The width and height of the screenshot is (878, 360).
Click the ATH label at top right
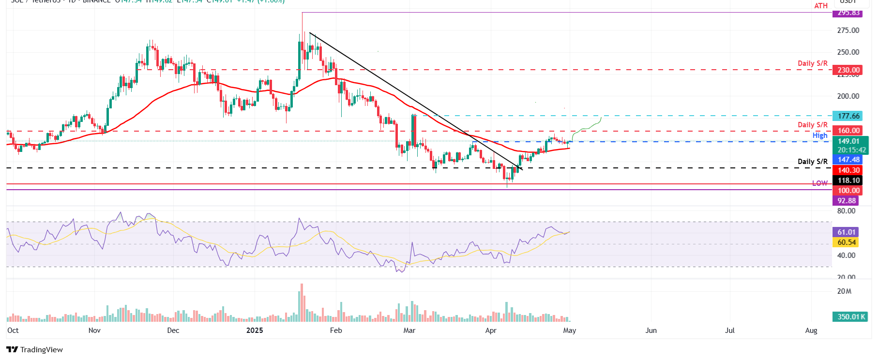point(821,6)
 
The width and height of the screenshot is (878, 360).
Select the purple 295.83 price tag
point(849,13)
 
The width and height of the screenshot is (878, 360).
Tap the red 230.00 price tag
point(849,70)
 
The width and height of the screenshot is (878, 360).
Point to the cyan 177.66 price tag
point(849,116)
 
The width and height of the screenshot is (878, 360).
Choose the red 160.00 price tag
point(849,131)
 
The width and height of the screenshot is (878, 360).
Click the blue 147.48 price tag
point(849,160)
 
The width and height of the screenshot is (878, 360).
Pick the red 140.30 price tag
point(849,170)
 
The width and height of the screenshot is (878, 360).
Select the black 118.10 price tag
point(849,180)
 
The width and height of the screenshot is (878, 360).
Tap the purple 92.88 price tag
point(847,201)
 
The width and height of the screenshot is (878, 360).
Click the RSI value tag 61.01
point(847,232)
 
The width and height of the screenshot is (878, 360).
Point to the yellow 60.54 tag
point(847,242)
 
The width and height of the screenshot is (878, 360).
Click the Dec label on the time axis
point(173,330)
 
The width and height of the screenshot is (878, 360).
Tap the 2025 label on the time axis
point(255,330)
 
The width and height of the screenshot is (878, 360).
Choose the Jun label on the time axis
point(651,330)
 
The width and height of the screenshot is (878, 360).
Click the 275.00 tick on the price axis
point(848,30)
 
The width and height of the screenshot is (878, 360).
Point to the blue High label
point(820,135)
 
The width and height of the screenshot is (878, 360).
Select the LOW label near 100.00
point(820,183)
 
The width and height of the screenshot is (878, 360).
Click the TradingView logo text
point(41,350)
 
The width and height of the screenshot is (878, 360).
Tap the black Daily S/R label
point(813,162)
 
